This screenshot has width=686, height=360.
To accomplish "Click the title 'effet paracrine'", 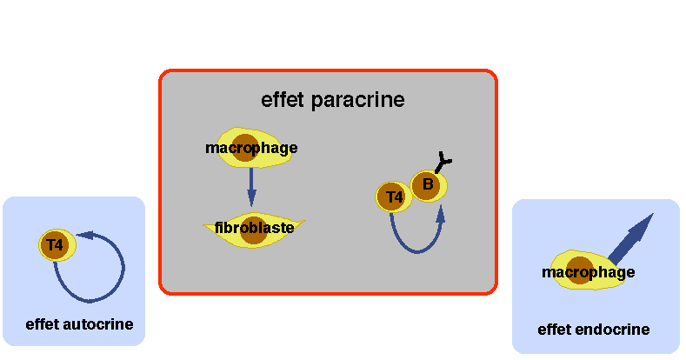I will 333,99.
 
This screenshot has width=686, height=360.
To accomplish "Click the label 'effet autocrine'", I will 79,324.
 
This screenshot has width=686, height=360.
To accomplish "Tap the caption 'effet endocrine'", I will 594,330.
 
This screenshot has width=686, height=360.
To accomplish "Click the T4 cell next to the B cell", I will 394,197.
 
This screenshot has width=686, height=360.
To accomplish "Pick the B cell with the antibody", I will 430,184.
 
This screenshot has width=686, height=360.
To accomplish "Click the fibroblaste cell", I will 254,228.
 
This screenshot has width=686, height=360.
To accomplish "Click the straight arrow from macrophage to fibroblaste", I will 251,183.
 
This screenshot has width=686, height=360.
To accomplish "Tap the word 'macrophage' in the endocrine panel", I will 588,272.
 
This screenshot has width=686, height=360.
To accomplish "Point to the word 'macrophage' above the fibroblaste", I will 251,148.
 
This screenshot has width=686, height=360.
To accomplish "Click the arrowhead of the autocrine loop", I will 85,234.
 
